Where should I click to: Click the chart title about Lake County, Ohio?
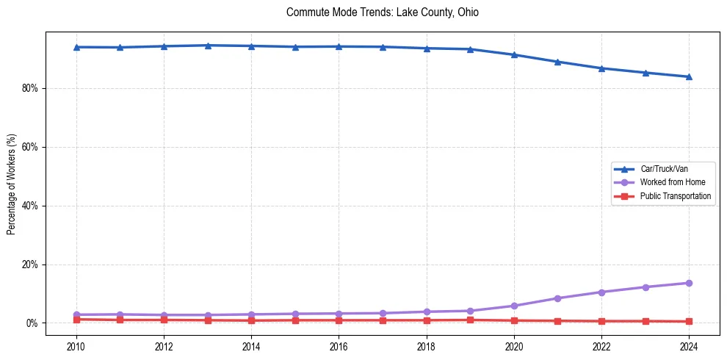tap(382, 12)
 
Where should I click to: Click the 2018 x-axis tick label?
tap(427, 346)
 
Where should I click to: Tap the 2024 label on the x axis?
tap(689, 346)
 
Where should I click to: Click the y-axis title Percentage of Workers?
tap(11, 184)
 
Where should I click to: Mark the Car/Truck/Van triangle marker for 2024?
tap(689, 76)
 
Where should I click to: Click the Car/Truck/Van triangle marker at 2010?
tap(76, 47)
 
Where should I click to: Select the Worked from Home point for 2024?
tap(689, 283)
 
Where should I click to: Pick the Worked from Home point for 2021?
tap(557, 298)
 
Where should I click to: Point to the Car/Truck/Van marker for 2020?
tap(514, 54)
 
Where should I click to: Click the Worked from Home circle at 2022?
tap(601, 292)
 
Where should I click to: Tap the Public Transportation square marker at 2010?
tap(76, 320)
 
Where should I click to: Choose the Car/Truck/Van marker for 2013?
tap(208, 46)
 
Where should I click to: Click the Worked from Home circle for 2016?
tap(339, 314)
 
